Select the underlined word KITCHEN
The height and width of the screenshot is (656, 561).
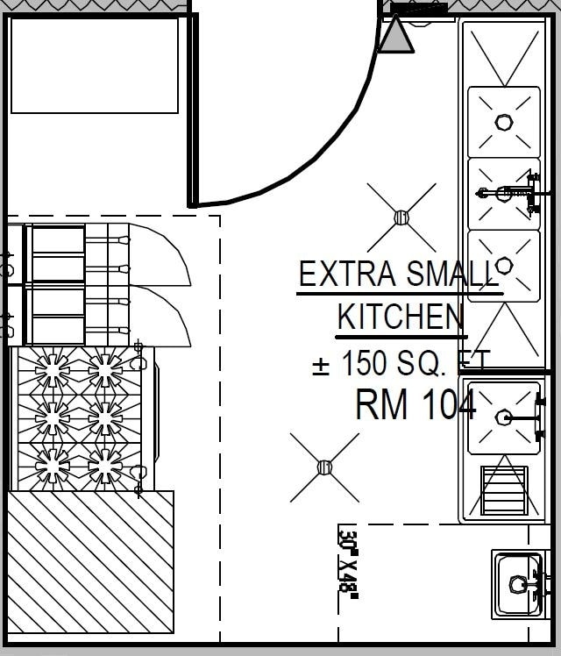coord(401,317)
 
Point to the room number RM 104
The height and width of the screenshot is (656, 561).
coord(415,405)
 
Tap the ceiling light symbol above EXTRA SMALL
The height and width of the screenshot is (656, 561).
coord(401,217)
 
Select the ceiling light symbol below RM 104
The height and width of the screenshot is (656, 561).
coord(324,467)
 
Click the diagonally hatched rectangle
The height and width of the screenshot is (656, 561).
coord(91,561)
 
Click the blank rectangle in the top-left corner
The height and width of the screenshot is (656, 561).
coord(95,65)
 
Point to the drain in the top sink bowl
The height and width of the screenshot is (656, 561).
coord(504,122)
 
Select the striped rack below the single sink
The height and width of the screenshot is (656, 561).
coord(504,490)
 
